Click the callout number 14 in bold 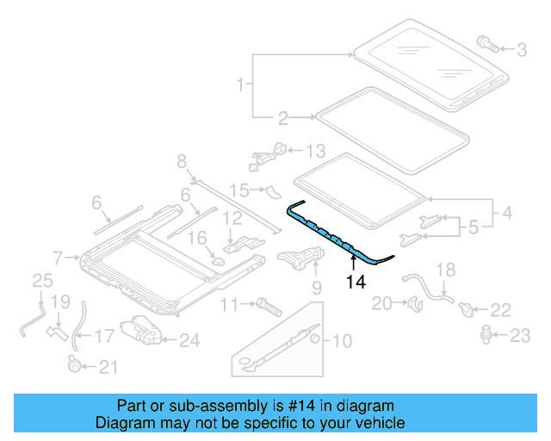click(x=355, y=280)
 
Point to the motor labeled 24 click(x=139, y=332)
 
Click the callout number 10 click(x=342, y=341)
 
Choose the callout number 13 click(x=316, y=152)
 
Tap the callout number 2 click(x=283, y=118)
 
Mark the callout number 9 click(x=316, y=287)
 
